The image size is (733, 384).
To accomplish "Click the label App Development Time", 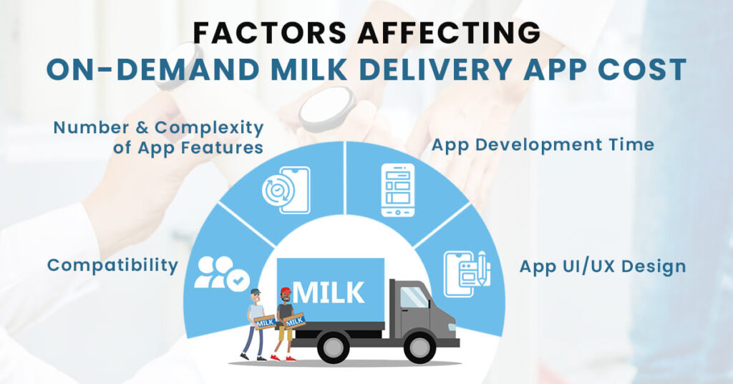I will tap(543, 145).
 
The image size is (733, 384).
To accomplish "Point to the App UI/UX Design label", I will tap(603, 267).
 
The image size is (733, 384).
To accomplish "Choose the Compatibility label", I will tap(112, 265).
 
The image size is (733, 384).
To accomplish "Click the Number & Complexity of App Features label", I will tap(159, 138).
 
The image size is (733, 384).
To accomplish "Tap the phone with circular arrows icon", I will tap(286, 190).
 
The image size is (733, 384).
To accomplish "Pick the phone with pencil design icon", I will tap(465, 273).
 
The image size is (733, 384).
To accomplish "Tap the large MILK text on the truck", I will tap(329, 292).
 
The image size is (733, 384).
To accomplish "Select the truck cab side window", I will tap(414, 297).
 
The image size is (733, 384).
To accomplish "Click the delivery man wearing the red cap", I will tap(286, 322).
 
